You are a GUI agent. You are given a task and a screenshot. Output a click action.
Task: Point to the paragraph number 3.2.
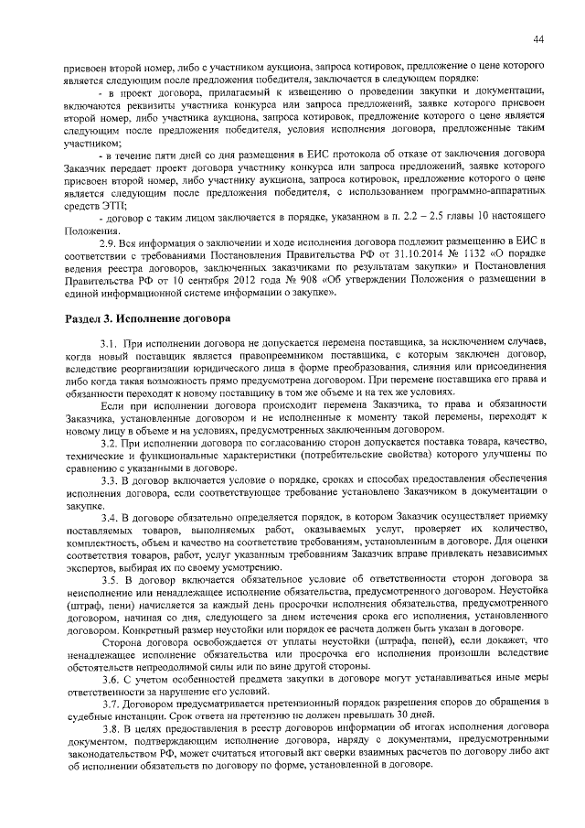pos(110,442)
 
